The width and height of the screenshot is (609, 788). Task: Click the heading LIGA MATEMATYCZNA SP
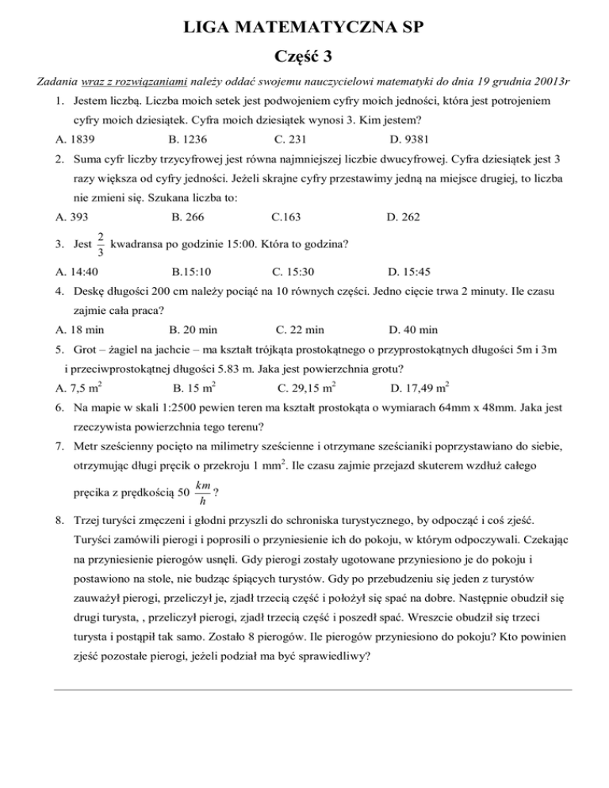[x=304, y=31]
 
